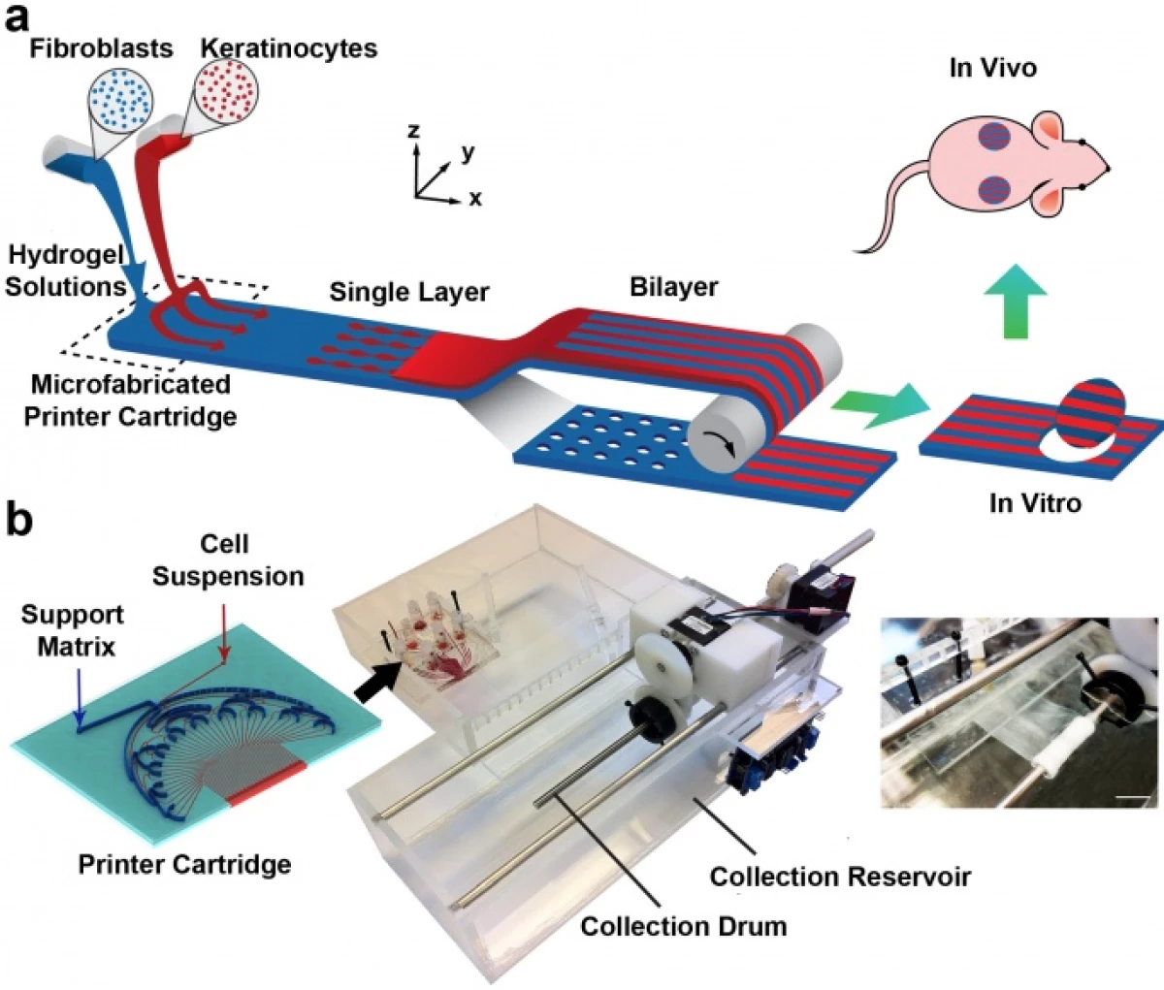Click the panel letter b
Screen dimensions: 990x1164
click(x=19, y=521)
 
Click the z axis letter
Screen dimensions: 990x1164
click(x=414, y=131)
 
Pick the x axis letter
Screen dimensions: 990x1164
click(x=475, y=199)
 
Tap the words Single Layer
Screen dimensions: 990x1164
click(x=409, y=292)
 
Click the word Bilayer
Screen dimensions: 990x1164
click(x=674, y=288)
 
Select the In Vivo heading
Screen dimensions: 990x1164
click(x=992, y=68)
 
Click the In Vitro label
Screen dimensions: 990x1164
click(x=1034, y=502)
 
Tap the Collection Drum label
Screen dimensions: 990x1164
click(x=683, y=926)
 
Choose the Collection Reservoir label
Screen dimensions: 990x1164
click(x=840, y=877)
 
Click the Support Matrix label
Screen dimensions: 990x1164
click(x=73, y=630)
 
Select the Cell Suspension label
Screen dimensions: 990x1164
click(x=228, y=559)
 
